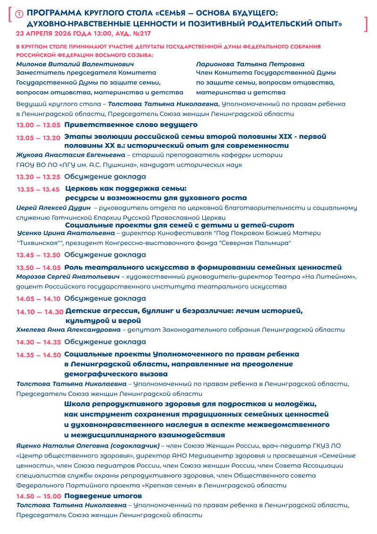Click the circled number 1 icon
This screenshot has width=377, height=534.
coord(19,14)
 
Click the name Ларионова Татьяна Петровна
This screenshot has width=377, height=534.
coord(250,64)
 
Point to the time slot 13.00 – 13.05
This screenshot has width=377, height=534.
coord(38,125)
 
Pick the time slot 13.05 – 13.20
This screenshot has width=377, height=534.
coord(38,138)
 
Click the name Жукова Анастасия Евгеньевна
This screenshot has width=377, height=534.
coord(71,155)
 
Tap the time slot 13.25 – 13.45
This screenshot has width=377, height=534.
coord(38,189)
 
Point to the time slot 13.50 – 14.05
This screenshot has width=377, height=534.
coord(38,268)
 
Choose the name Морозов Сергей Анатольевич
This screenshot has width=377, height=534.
coord(68,277)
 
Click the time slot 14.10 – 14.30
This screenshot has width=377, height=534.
coord(40,312)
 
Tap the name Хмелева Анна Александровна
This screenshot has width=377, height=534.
coord(68,330)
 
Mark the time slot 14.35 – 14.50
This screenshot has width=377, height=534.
coord(38,355)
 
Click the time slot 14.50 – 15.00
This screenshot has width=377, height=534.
coord(38,496)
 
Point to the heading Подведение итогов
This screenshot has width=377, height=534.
coord(103,496)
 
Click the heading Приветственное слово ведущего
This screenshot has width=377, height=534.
coord(131,125)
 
